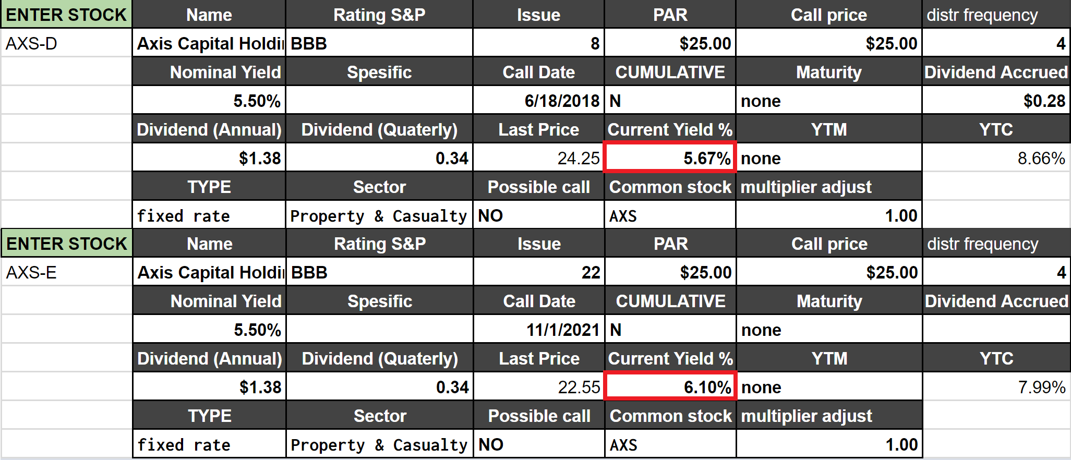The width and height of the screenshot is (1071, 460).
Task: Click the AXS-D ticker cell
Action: [x=31, y=43]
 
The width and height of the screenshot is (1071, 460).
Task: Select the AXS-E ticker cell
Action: [x=31, y=272]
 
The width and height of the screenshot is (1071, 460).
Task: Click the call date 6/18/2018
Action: [x=562, y=101]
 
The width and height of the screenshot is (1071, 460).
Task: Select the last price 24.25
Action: [x=578, y=158]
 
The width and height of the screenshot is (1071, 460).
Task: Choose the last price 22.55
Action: [x=579, y=387]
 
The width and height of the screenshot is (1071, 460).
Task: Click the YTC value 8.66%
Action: [x=1041, y=158]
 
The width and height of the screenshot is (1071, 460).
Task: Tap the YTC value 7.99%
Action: [x=1041, y=387]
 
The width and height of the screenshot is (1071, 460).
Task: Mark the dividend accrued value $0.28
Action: [x=1044, y=101]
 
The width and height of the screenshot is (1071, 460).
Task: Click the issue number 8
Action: [x=595, y=43]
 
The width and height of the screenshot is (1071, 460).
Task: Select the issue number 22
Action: [x=591, y=272]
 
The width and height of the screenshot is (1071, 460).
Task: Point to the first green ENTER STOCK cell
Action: [x=66, y=15]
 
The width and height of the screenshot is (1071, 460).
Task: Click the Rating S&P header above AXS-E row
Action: [x=380, y=244]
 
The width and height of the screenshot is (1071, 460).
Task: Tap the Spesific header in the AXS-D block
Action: [x=379, y=72]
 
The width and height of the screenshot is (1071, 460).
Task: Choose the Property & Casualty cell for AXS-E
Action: [x=379, y=444]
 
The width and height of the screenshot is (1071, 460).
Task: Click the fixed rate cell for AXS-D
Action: [x=183, y=215]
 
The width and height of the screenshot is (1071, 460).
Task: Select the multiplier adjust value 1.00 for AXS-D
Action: [x=900, y=215]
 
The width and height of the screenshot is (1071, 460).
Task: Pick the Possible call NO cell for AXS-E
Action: [x=491, y=444]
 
